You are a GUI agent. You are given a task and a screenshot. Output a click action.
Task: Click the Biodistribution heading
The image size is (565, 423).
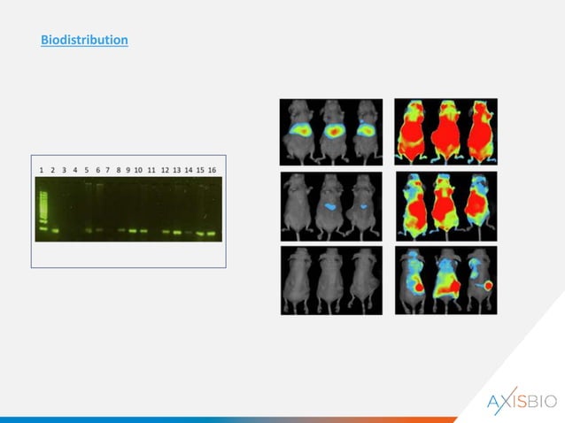(84, 41)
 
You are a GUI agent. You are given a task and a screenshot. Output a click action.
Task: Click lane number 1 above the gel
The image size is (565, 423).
(42, 168)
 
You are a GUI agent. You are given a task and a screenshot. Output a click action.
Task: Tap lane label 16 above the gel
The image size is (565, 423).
(212, 168)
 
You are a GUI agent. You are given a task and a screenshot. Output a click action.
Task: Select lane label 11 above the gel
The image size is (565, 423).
(151, 168)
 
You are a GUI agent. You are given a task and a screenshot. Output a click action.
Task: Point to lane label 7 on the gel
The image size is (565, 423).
(107, 168)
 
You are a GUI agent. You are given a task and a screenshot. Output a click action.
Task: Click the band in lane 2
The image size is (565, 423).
(53, 231)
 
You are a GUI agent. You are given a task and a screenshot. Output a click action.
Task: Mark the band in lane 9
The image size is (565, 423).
(131, 231)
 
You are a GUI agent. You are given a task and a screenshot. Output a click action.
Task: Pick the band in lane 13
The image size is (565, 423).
(177, 232)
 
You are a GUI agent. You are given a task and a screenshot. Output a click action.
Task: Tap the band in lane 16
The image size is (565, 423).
(212, 234)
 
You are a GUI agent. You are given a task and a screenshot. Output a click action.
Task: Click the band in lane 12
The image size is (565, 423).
(166, 232)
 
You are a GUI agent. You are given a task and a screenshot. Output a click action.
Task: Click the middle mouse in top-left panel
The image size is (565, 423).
(332, 131)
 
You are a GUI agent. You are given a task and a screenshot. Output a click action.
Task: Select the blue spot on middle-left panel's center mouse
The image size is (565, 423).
(331, 204)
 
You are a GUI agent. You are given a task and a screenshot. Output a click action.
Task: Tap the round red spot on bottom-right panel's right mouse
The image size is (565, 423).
(485, 287)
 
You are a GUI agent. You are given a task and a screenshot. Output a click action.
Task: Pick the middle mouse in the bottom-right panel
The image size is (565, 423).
(447, 281)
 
